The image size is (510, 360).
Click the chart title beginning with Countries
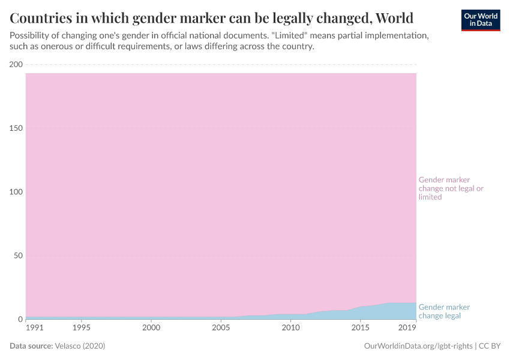211,16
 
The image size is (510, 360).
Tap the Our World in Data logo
480,20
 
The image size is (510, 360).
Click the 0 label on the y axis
20,319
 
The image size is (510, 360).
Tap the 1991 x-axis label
35,328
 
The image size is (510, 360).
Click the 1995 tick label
82,328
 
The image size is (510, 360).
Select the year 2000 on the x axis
151,328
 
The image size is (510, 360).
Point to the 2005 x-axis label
221,328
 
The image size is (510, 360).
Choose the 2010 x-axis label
290,328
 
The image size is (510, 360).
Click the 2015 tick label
360,328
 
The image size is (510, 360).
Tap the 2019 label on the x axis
408,328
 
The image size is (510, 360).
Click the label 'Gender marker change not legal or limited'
451,188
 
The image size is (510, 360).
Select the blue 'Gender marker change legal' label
444,311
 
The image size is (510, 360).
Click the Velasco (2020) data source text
80,346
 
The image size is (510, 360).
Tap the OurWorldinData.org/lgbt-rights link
419,346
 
